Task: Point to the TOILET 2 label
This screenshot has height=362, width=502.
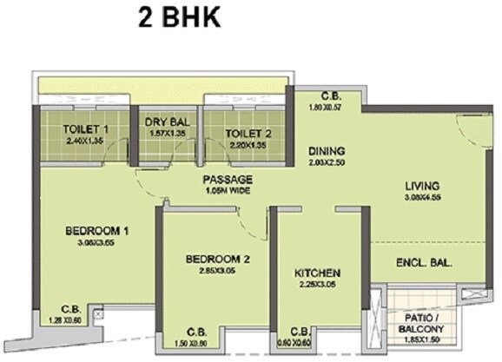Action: click(x=248, y=133)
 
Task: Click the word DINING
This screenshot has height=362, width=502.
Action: click(x=327, y=150)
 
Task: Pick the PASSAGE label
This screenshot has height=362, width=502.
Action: click(x=228, y=179)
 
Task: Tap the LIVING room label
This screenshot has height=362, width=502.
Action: click(x=421, y=185)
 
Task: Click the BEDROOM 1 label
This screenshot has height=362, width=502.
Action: click(x=96, y=231)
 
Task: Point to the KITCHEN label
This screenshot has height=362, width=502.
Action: click(x=316, y=273)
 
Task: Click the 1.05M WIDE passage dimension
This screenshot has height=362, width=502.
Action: click(x=229, y=190)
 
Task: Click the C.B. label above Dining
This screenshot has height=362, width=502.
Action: click(x=328, y=96)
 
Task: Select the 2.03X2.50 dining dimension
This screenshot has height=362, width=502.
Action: click(x=327, y=162)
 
